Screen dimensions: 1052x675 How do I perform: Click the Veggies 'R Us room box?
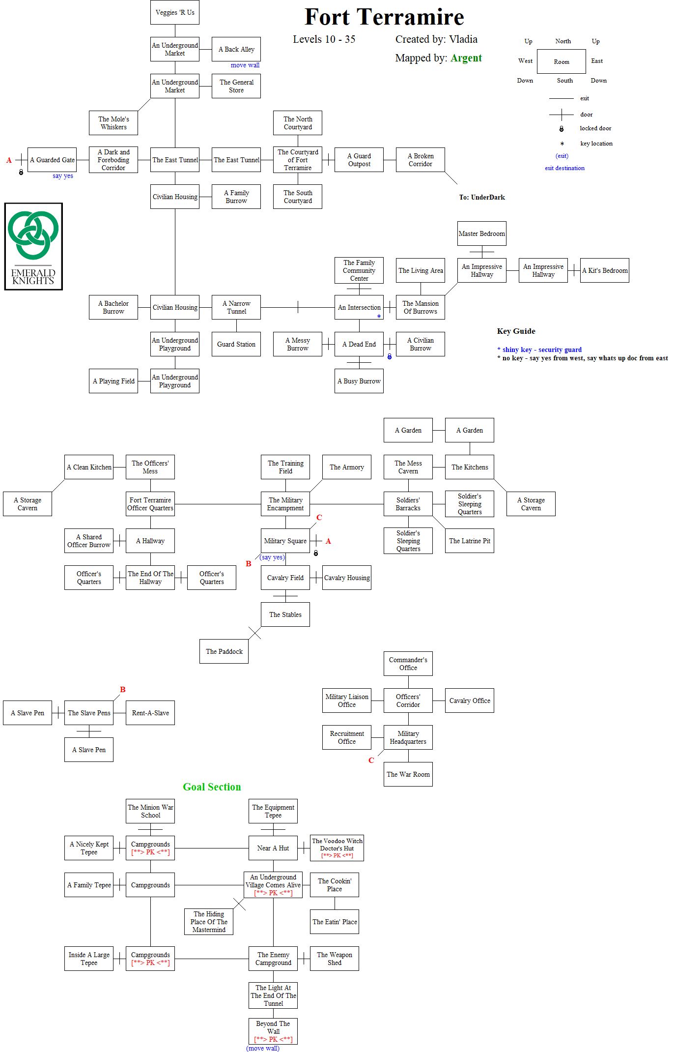pos(175,12)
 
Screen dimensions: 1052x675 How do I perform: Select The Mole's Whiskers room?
pos(113,123)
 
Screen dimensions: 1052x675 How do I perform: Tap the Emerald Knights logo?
pos(33,246)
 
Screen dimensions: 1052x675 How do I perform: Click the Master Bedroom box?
pos(481,234)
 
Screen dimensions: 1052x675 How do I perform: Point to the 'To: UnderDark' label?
pos(482,197)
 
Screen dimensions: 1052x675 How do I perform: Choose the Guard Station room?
pos(236,344)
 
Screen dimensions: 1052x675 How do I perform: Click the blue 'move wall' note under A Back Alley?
pos(245,65)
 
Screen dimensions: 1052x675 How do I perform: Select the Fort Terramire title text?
pos(384,17)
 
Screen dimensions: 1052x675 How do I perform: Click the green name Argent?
pos(466,58)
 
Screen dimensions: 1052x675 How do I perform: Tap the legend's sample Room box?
pos(562,61)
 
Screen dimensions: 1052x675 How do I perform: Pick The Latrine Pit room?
pos(470,541)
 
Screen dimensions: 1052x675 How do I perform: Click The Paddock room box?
pos(224,651)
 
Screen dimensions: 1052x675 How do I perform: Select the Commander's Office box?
pos(408,664)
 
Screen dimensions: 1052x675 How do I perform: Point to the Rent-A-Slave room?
pos(150,713)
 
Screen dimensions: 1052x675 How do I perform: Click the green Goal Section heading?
pos(212,787)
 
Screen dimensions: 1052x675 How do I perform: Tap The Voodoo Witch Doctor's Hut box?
pos(337,848)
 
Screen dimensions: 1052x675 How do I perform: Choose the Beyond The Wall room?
pos(273,1031)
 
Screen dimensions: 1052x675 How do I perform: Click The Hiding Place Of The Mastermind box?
pos(209,922)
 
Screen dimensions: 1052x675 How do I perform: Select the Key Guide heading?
pos(516,331)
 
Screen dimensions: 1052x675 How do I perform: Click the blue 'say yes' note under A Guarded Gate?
pos(63,175)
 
